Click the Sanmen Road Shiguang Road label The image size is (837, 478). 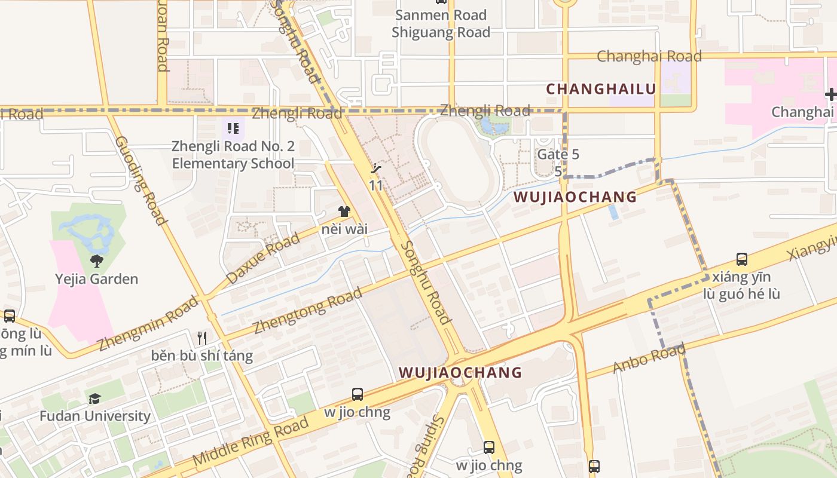coord(441,23)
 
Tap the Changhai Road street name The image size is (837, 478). coord(649,56)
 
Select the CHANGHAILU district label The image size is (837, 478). coord(601,89)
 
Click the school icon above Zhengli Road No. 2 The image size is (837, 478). coord(233,128)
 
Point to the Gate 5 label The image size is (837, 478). coord(558,154)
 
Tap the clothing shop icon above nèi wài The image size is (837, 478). coord(344,211)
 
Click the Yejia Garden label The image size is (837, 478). coord(96,279)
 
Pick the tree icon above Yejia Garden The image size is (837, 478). coord(96,261)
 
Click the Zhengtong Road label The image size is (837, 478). coord(308,311)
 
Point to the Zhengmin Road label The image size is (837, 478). coord(148,323)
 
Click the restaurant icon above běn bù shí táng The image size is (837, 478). coord(202,338)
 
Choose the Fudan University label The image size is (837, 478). coord(95,416)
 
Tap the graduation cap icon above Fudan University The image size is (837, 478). coord(94,399)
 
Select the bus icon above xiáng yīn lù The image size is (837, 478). coord(741,259)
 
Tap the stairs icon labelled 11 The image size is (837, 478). coord(376,169)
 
